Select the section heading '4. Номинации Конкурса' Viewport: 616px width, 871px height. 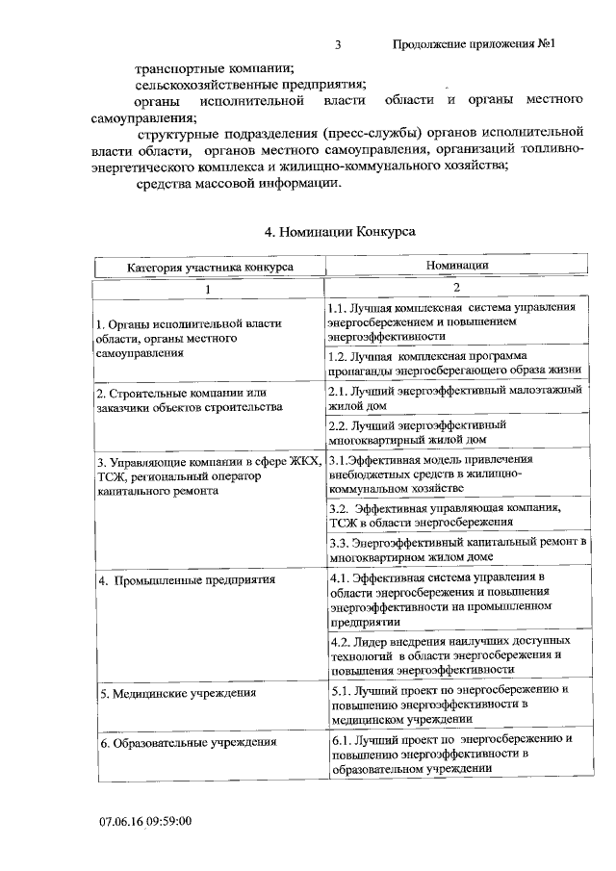tap(340, 231)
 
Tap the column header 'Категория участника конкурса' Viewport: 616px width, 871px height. tap(210, 267)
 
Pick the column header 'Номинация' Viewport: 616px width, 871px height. tap(457, 265)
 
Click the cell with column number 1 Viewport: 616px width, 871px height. tap(210, 288)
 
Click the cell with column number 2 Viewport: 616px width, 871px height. tap(457, 287)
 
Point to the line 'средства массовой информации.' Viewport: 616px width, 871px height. tap(239, 184)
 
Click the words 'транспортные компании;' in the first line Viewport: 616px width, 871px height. tap(215, 68)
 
